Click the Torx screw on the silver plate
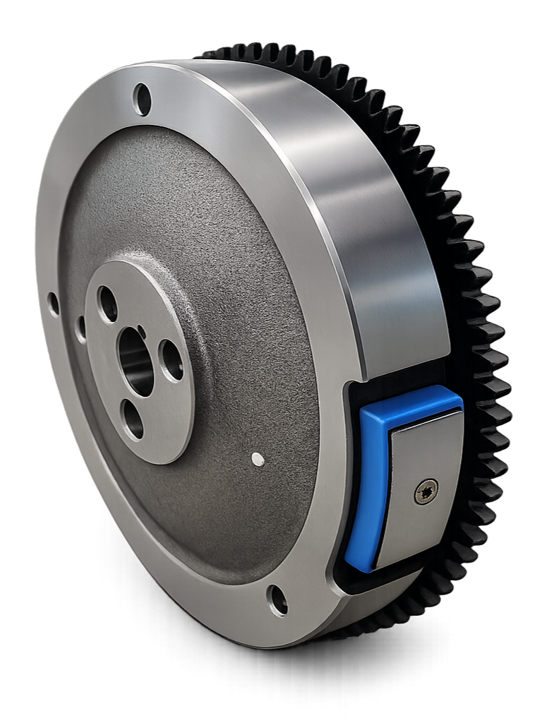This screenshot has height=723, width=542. pyautogui.click(x=426, y=491)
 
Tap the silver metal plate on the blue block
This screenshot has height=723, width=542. pyautogui.click(x=416, y=466)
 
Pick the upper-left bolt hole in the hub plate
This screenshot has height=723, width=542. pyautogui.click(x=108, y=304)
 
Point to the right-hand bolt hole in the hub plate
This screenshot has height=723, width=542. pyautogui.click(x=171, y=360)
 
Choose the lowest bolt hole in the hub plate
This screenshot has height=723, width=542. pyautogui.click(x=132, y=419)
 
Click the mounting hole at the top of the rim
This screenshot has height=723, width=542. pyautogui.click(x=142, y=100)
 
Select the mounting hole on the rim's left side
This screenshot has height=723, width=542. pyautogui.click(x=53, y=304)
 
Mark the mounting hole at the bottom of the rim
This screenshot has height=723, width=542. pyautogui.click(x=277, y=600)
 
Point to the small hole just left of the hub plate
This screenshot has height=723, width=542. pyautogui.click(x=81, y=326)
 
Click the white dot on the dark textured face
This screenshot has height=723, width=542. pyautogui.click(x=258, y=460)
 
